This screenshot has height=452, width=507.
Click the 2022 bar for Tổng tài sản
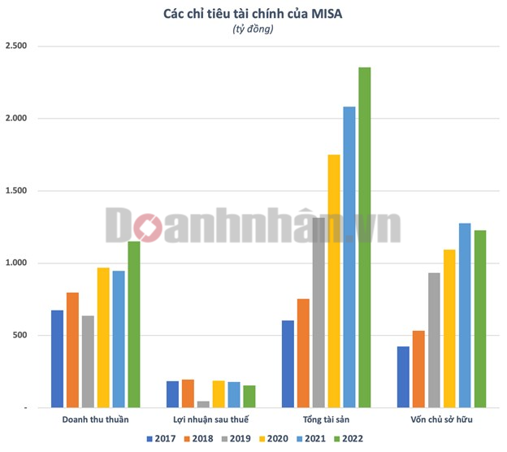[x=364, y=237]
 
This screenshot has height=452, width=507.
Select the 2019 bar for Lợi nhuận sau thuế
[x=203, y=404]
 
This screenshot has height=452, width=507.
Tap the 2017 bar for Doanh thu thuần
[x=57, y=359]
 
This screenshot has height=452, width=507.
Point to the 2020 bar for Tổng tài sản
[x=334, y=280]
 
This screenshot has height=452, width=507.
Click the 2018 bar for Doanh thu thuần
[x=72, y=350]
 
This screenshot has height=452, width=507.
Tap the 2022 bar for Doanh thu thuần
[x=133, y=324]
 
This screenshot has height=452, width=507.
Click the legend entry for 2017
[x=163, y=439]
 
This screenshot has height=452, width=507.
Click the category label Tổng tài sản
[x=326, y=419]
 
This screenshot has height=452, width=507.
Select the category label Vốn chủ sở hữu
[x=441, y=419]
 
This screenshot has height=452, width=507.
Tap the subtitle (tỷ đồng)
[x=253, y=29]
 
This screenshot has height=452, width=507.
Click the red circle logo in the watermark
[x=148, y=228]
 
